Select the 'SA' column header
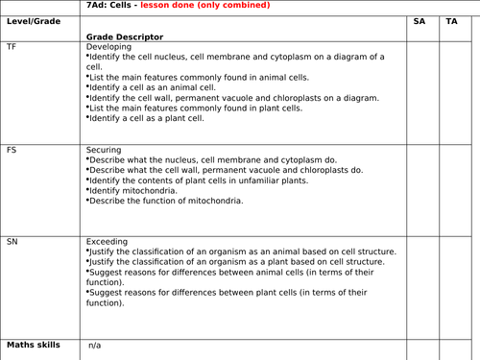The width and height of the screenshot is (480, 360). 420,20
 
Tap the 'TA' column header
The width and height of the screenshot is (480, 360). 451,20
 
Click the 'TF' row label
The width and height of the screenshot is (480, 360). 12,46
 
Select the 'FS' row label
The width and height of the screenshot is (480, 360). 12,151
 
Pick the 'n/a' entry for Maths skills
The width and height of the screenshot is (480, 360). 94,345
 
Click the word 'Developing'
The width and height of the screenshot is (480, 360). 108,46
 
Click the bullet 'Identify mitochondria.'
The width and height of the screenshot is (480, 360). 133,190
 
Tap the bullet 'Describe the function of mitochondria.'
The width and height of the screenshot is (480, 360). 165,201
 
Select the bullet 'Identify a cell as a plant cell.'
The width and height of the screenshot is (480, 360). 147,118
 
